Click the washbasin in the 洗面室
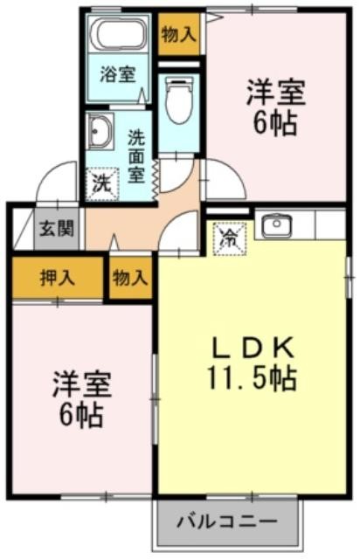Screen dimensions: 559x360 (x=98, y=131)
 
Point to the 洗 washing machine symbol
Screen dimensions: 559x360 (x=101, y=183)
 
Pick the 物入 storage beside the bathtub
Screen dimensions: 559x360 (x=179, y=36)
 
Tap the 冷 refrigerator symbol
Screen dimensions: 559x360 (x=230, y=238)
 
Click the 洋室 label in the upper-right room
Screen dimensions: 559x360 (x=275, y=91)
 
